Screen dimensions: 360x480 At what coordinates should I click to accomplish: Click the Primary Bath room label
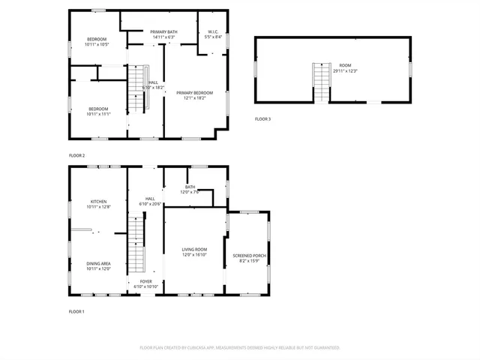163,34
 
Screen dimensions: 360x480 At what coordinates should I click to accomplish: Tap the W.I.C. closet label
213,34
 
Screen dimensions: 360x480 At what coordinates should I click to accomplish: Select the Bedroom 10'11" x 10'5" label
97,42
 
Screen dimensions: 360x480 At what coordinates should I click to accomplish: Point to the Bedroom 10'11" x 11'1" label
97,111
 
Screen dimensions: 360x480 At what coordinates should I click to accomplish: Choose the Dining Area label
98,265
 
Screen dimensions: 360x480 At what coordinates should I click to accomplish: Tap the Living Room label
194,252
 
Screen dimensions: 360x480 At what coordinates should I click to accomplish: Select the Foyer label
145,283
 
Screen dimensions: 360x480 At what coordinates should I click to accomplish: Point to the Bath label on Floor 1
190,189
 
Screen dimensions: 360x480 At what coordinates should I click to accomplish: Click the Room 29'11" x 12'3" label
345,68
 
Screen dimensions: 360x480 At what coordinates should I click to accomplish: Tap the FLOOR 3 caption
262,119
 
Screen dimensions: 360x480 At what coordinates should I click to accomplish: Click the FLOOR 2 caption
77,155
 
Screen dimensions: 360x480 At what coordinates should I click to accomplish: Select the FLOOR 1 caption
77,311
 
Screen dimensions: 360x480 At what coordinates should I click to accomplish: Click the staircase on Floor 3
321,82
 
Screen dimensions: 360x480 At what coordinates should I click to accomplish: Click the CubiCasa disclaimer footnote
240,347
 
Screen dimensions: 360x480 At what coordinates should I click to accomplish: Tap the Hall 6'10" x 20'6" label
150,202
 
